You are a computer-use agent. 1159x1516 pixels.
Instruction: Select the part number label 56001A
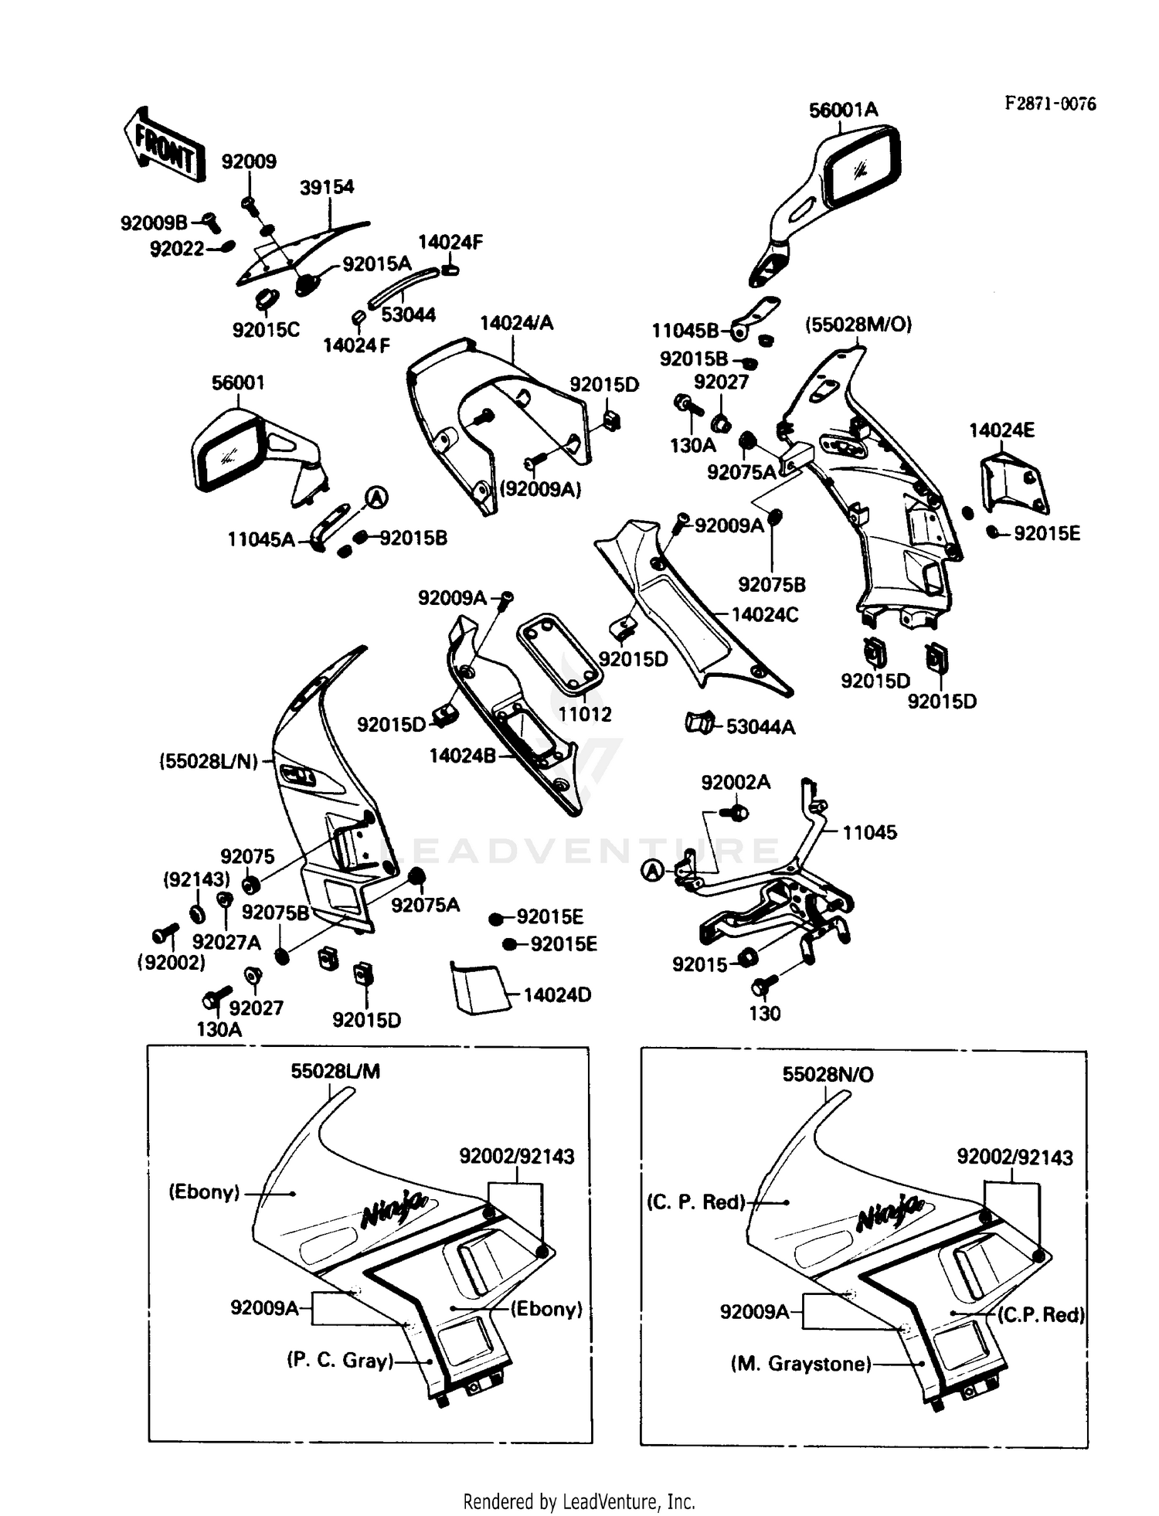pos(843,110)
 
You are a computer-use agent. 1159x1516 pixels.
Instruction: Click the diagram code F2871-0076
pos(1050,104)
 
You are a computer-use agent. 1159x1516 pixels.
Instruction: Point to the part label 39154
pos(327,187)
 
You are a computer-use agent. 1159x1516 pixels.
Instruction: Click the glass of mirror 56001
pos(227,456)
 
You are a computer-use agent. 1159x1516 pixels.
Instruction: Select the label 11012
pos(585,715)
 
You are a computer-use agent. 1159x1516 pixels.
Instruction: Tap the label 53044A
pos(760,727)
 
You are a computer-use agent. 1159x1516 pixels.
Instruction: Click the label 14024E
pos(1001,430)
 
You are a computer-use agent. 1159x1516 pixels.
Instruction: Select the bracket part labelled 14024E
pos(1013,484)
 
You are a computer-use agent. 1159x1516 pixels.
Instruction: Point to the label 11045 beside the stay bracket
pos(869,833)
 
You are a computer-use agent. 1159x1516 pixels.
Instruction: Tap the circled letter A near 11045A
pos(376,498)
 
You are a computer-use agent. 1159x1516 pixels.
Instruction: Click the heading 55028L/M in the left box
pos(335,1072)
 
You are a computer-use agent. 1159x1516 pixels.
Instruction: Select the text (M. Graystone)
pos(801,1365)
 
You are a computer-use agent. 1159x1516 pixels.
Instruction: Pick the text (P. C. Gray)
pos(340,1360)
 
